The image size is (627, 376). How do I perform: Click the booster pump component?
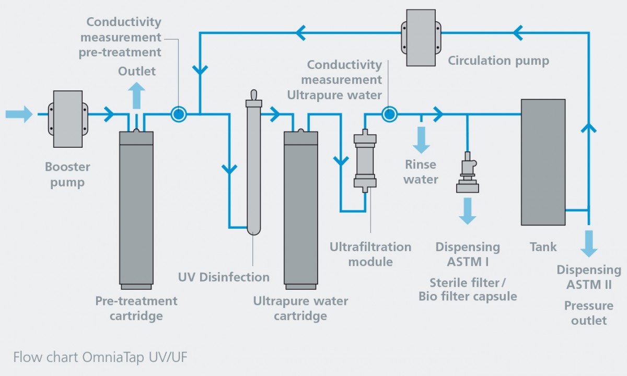click(68, 119)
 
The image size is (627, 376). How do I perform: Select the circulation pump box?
click(421, 38)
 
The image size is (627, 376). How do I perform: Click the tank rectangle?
click(543, 162)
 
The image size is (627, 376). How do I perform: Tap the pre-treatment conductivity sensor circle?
click(179, 114)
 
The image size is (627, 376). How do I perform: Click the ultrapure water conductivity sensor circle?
click(389, 114)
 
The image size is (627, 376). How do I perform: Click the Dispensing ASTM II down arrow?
click(589, 244)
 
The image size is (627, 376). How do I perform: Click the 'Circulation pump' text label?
click(498, 61)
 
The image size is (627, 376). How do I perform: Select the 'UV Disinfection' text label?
click(224, 277)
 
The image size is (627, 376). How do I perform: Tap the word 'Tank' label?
click(543, 246)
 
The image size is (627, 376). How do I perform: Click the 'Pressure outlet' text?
click(589, 313)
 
